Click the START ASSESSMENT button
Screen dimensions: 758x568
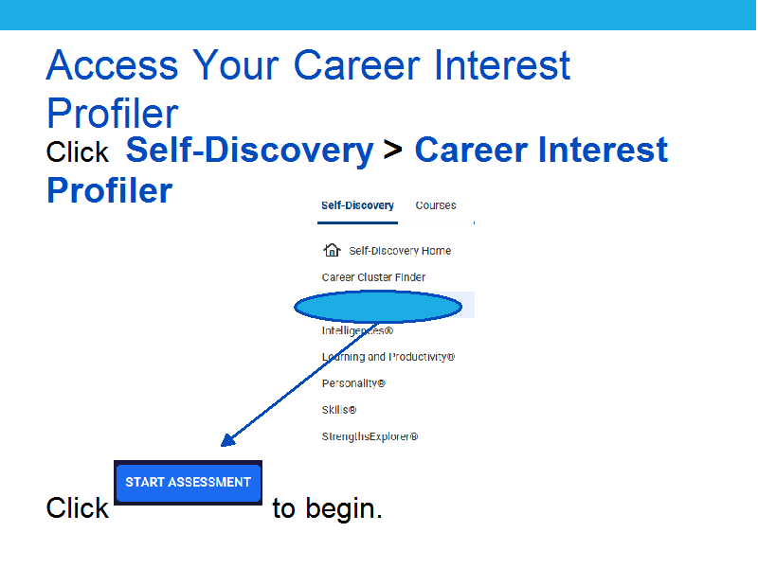pos(188,483)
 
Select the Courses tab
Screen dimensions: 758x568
pos(436,205)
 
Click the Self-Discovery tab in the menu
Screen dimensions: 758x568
pos(357,205)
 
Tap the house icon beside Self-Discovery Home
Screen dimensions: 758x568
pos(332,250)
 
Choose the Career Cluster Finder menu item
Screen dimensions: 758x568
pos(373,277)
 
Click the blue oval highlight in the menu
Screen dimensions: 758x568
pos(378,307)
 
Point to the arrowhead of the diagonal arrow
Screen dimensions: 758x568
pos(227,439)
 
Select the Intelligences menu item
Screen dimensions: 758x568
pos(357,330)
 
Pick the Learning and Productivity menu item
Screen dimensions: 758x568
pos(388,357)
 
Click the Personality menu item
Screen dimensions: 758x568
pos(353,383)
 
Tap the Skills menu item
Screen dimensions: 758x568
pos(339,410)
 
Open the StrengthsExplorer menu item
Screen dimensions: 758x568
pos(370,436)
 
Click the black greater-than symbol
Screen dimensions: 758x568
pos(393,150)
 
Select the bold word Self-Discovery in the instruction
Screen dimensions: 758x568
pos(249,151)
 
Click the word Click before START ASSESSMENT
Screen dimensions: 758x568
pos(78,508)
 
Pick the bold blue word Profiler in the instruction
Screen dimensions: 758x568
pos(109,190)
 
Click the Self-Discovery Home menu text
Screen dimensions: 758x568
pos(400,251)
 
